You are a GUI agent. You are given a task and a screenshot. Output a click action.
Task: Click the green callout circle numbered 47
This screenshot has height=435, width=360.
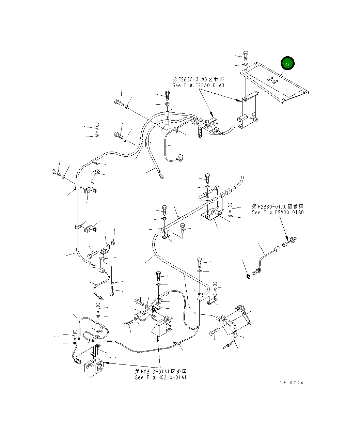click(x=287, y=64)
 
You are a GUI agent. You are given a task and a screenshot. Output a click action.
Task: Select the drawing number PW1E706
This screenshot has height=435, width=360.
click(x=291, y=383)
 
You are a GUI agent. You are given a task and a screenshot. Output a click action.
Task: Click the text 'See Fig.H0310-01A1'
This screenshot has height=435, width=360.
click(x=161, y=377)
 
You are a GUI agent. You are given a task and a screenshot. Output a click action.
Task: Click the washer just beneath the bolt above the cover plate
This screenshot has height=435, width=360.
click(x=246, y=64)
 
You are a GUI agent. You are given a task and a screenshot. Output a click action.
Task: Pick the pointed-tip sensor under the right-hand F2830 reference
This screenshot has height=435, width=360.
click(x=292, y=240)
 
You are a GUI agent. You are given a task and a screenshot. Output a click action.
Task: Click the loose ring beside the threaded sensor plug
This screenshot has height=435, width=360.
click(x=248, y=275)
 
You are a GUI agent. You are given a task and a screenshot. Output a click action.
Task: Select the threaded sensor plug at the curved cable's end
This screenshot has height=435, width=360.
click(x=256, y=272)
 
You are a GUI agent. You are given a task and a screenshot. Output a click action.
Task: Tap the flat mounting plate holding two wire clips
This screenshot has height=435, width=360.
click(x=211, y=215)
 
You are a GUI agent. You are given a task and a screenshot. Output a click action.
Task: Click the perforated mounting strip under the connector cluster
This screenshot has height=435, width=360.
click(x=200, y=131)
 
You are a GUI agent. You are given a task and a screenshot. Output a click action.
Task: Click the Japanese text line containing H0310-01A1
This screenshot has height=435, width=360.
click(x=161, y=371)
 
